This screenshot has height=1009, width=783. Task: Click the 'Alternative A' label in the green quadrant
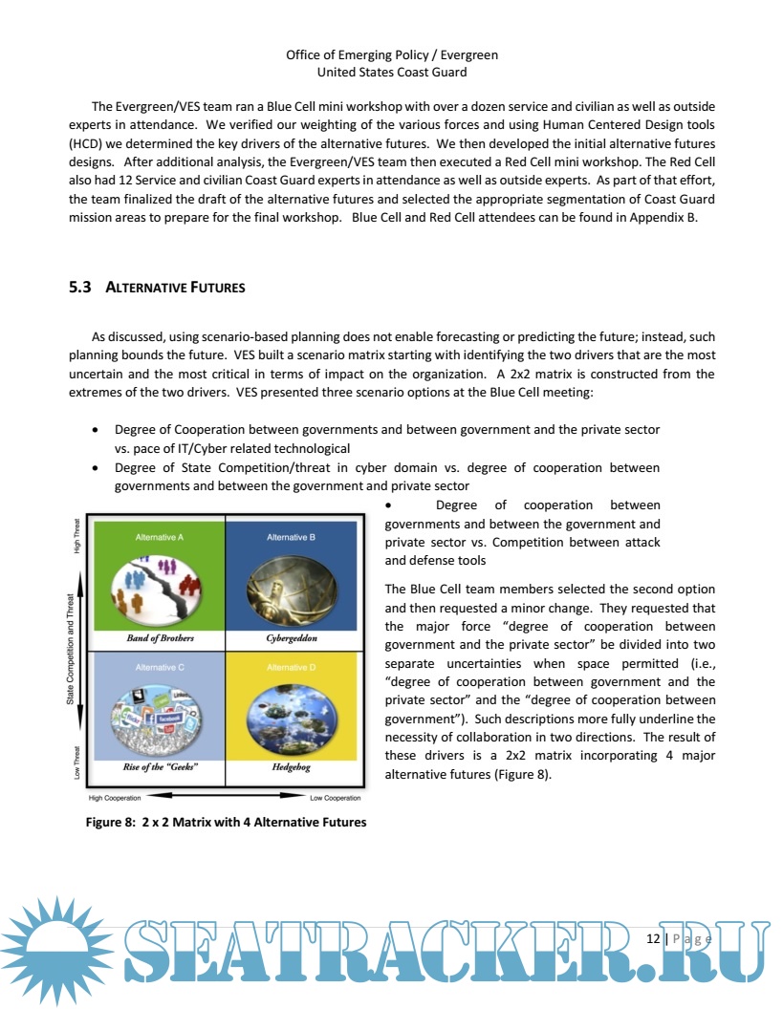pos(159,537)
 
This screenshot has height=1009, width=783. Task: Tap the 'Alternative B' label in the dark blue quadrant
pos(292,537)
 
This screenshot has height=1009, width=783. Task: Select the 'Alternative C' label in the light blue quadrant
pos(159,667)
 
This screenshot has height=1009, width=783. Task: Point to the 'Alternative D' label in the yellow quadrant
pos(292,667)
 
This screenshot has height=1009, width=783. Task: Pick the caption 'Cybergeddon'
pos(292,637)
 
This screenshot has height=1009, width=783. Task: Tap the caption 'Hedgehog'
pos(292,766)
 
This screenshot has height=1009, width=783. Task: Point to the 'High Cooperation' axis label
pos(115,798)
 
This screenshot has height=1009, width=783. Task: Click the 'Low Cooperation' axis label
pos(336,798)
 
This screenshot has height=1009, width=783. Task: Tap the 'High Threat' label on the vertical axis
pos(77,535)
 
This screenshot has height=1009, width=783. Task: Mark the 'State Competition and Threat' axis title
pos(71,650)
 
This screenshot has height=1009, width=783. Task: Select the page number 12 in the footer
pos(653,938)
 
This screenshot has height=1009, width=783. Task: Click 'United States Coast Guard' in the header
pos(392,72)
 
